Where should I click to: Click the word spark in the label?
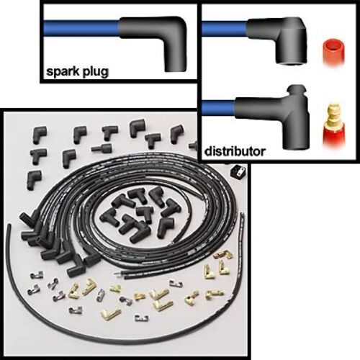[x=63, y=71]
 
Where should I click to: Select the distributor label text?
[x=235, y=151]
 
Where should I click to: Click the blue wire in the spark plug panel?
[x=81, y=28]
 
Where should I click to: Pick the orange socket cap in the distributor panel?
[x=334, y=51]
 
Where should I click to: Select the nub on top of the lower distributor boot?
[x=297, y=91]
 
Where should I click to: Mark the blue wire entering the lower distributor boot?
[x=218, y=108]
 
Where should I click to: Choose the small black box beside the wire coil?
[x=238, y=172]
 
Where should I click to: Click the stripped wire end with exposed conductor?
[x=120, y=276]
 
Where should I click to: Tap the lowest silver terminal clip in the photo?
[x=142, y=318]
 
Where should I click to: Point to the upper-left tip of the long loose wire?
[x=9, y=225]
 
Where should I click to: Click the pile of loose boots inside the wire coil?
[x=137, y=214]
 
